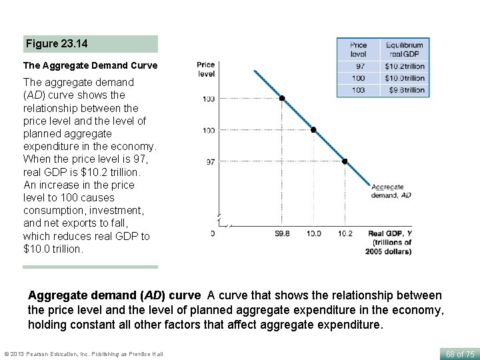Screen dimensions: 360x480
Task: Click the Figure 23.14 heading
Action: [x=57, y=44]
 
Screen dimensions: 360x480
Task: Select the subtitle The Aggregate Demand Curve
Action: [x=90, y=65]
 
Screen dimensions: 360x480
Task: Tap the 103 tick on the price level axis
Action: [x=209, y=99]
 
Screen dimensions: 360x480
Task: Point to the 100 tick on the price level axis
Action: [x=209, y=130]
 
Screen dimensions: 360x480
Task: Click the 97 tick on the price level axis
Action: [x=210, y=161]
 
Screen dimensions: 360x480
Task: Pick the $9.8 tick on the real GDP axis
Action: [x=282, y=233]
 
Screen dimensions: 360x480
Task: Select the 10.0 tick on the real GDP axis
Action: [x=313, y=233]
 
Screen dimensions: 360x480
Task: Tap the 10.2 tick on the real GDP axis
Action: [x=345, y=233]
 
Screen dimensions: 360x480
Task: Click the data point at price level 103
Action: [x=282, y=98]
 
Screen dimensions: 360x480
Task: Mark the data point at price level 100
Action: [x=313, y=130]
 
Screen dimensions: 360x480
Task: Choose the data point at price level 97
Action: [x=345, y=161]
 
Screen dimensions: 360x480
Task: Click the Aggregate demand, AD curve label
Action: [x=391, y=191]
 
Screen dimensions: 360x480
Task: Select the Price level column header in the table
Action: [x=359, y=49]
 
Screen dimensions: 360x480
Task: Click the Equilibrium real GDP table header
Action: [x=404, y=49]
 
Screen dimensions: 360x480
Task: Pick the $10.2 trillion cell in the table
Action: [x=404, y=66]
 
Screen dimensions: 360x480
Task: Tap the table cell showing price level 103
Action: [x=359, y=90]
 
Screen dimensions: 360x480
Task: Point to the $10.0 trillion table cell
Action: [x=404, y=78]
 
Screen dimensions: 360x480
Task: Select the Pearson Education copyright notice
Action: [x=83, y=353]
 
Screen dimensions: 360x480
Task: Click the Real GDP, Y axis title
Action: [x=390, y=242]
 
